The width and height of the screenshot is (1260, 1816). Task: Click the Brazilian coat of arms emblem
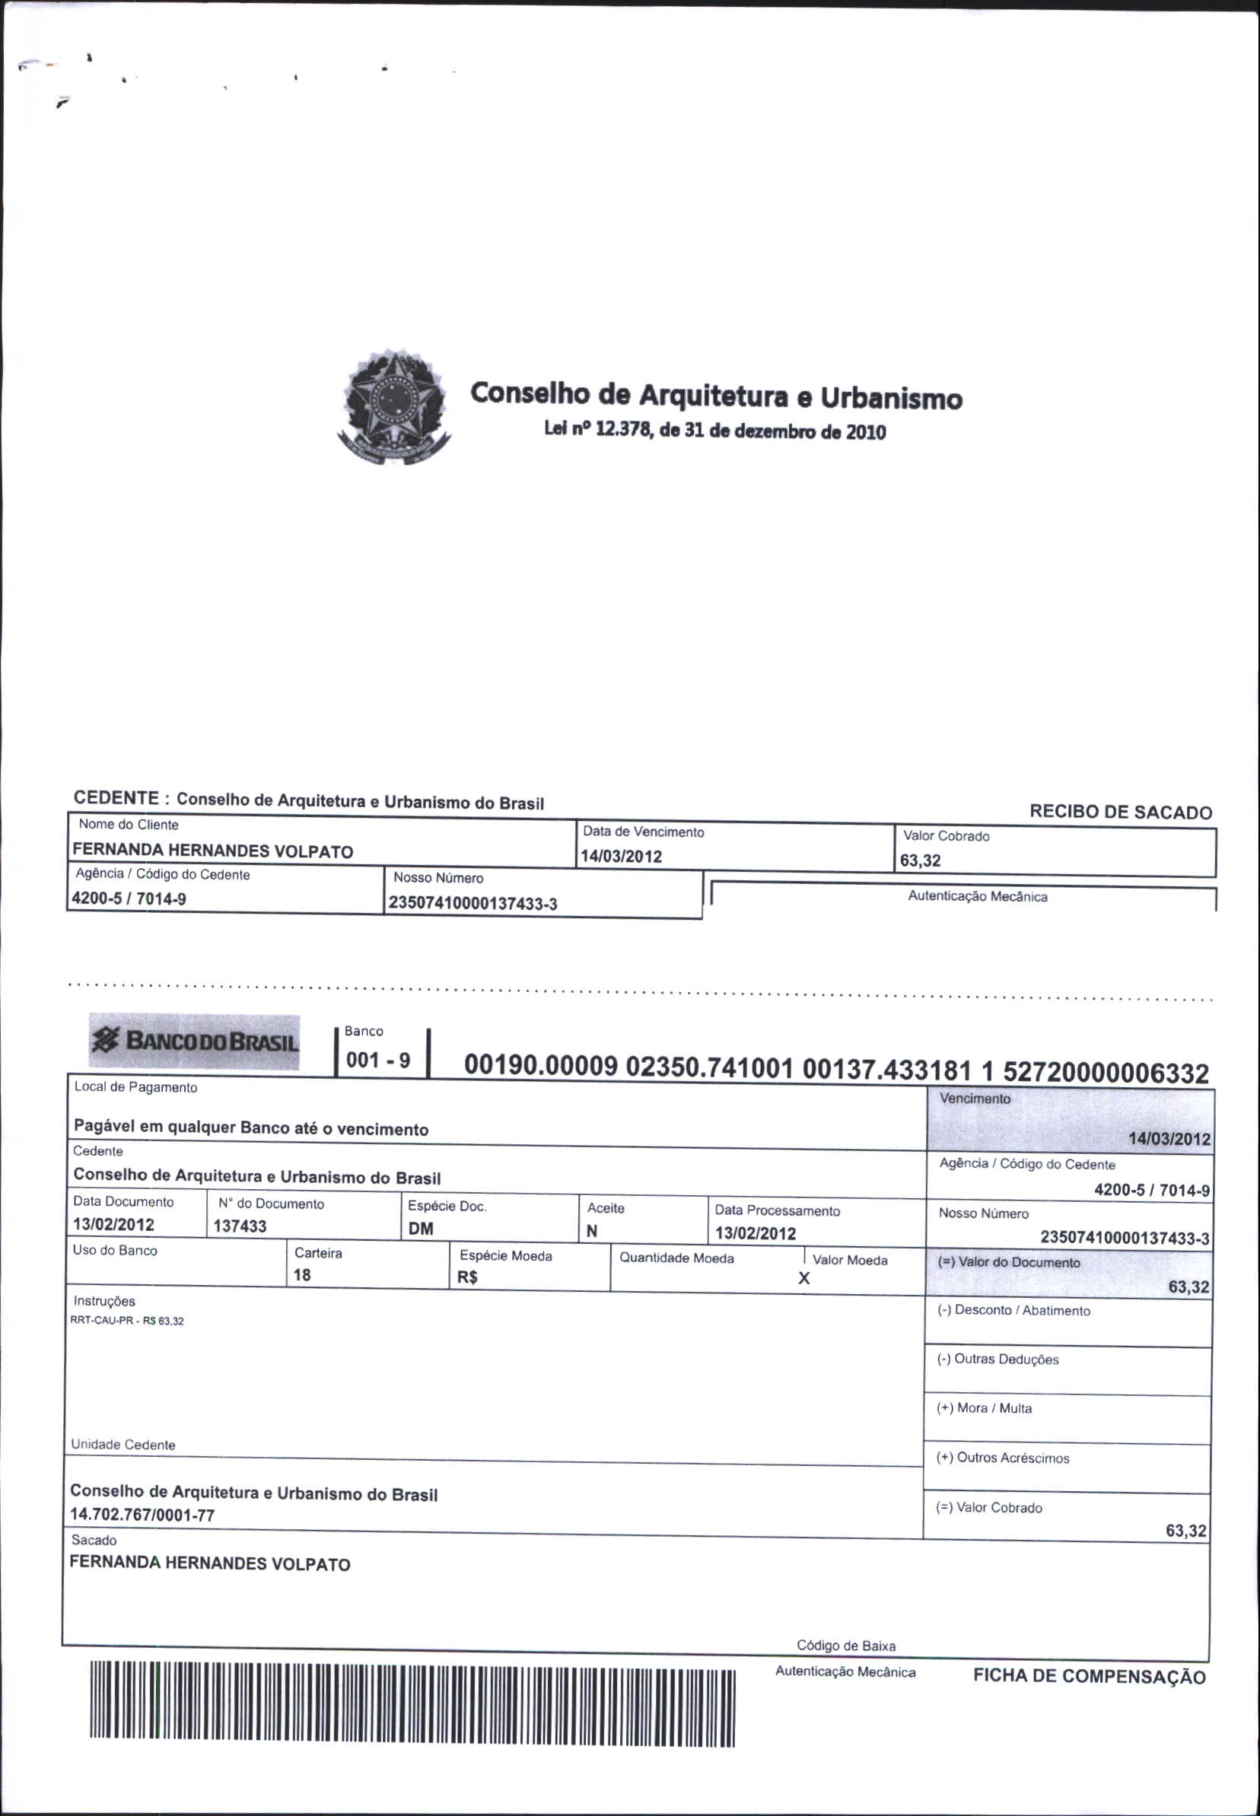coord(394,405)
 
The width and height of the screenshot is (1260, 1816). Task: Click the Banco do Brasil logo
coord(195,1041)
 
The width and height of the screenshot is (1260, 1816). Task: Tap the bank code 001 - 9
coord(378,1060)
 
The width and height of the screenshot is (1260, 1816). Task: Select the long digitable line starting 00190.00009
coord(836,1069)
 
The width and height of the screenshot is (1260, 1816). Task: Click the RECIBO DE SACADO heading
coord(1120,812)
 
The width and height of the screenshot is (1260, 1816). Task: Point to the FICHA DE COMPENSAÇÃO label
coord(1089,1675)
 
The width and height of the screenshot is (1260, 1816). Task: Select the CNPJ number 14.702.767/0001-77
coord(142,1515)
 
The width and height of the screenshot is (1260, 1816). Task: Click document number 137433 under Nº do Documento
coord(240,1226)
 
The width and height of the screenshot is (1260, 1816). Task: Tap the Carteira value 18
coord(302,1274)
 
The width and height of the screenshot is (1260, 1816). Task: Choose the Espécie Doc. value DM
coord(421,1229)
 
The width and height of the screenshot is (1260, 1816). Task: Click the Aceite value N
coord(592,1231)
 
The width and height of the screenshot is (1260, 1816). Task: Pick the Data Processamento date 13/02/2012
coord(756,1232)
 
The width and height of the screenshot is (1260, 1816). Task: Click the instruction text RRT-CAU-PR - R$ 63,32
coord(127,1321)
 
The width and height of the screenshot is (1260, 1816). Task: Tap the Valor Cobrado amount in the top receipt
coord(921,860)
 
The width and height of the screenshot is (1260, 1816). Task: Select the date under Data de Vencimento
coord(622,857)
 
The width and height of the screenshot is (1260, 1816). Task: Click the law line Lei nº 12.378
coord(714,431)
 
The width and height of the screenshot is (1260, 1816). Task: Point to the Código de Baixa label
coord(845,1646)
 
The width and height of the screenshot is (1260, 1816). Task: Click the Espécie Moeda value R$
coord(467,1277)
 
